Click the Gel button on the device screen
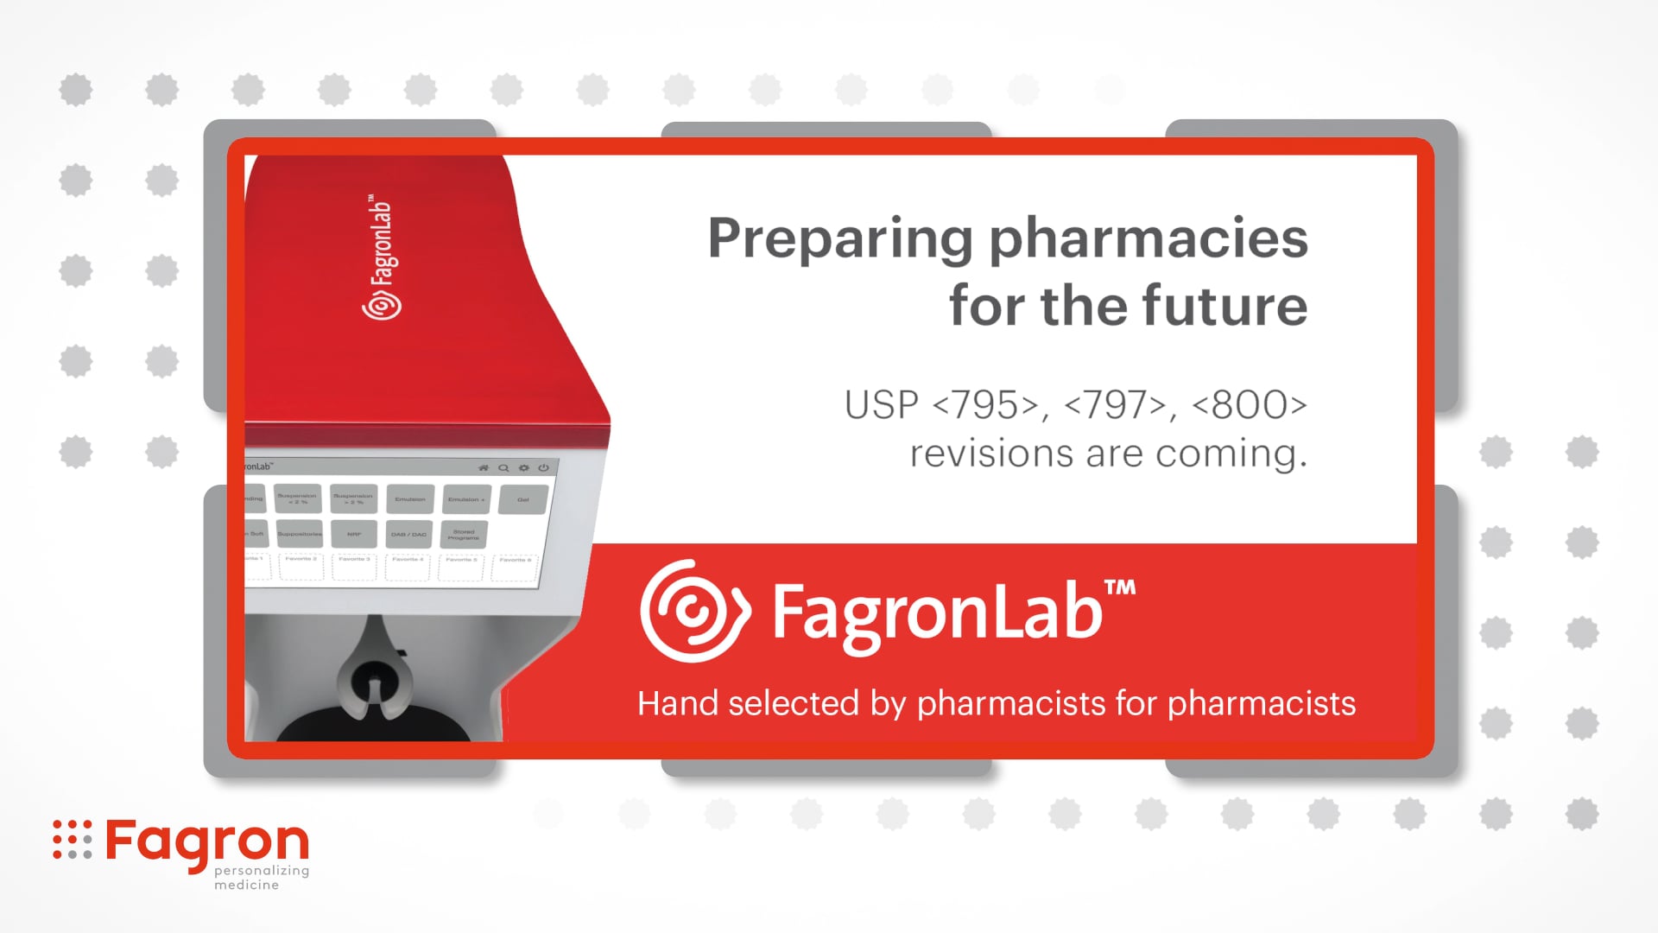523,499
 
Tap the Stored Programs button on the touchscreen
464,535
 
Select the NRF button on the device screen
354,534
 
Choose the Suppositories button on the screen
299,534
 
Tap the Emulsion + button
466,499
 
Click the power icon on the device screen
544,467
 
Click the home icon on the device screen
484,467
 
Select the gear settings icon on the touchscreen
524,467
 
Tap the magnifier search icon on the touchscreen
503,467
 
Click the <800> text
1250,404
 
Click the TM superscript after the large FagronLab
1120,588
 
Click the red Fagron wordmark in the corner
207,841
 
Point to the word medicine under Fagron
246,885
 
